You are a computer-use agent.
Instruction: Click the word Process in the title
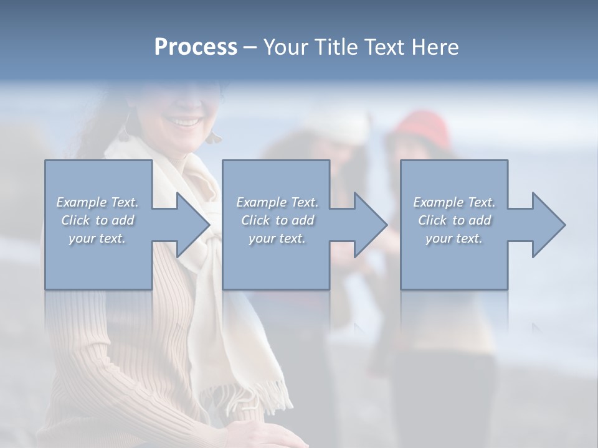196,47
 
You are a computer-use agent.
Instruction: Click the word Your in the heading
284,47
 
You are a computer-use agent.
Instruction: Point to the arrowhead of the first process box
193,225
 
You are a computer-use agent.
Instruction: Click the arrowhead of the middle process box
371,225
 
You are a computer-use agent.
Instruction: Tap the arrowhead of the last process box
549,225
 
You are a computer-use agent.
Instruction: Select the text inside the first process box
97,220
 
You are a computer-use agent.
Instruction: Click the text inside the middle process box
277,220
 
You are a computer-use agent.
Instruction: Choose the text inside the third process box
453,220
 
